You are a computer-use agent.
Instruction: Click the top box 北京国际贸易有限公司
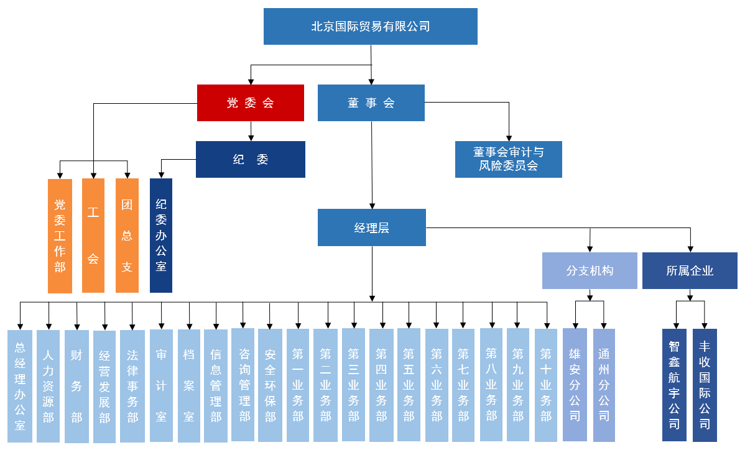pos(371,26)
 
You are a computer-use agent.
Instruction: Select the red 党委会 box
pos(251,103)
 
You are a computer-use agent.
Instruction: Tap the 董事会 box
pos(371,103)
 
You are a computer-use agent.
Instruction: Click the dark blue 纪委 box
pos(251,159)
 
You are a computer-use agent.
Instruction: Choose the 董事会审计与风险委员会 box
pos(509,159)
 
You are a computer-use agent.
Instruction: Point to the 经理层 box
pos(372,227)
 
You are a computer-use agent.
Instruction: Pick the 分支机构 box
pos(590,270)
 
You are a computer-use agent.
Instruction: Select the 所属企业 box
pos(690,270)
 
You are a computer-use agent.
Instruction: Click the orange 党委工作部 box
pos(60,236)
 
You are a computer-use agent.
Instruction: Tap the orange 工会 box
pos(93,236)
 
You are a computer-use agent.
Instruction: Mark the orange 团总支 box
pos(127,236)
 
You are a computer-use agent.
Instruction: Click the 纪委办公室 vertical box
pos(161,236)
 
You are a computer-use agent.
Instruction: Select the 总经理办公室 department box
pos(20,386)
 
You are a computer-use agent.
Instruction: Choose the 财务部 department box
pos(76,386)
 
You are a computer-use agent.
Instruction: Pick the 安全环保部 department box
pos(270,385)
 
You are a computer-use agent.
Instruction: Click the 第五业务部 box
pos(409,385)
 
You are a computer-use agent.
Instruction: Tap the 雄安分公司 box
pos(575,385)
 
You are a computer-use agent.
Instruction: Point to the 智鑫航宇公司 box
pos(674,385)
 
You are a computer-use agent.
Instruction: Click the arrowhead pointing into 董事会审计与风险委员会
pos(509,138)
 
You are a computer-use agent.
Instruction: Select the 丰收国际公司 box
pos(705,385)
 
